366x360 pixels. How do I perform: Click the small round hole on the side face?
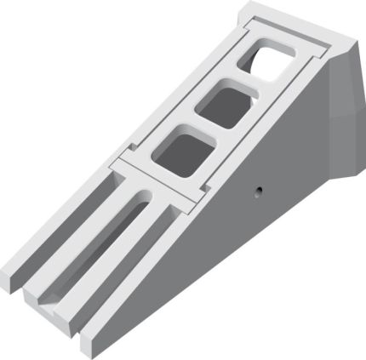[x=255, y=191]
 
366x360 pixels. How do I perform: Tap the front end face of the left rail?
[x=15, y=280]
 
